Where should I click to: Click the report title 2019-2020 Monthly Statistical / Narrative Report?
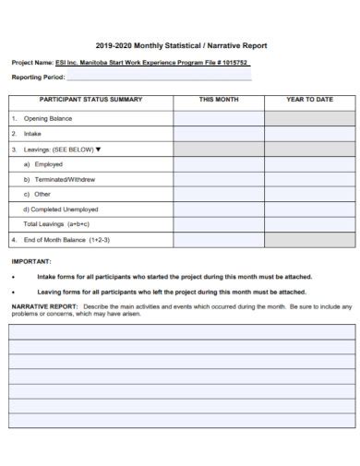click(179, 42)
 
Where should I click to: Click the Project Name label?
click(32, 63)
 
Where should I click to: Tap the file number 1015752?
click(230, 63)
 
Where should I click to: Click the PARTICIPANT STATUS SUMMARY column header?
click(90, 99)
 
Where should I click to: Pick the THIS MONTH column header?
click(219, 99)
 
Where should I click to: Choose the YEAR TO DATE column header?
click(309, 99)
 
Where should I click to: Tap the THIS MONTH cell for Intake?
click(219, 133)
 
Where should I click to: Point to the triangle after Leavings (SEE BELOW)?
click(99, 148)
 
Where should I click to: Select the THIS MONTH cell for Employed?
click(219, 162)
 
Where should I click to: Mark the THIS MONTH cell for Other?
click(219, 194)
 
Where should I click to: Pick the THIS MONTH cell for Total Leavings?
click(219, 223)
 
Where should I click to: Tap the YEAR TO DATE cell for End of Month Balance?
click(309, 239)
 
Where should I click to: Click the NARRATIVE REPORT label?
click(44, 305)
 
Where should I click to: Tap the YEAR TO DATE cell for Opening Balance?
click(309, 118)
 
